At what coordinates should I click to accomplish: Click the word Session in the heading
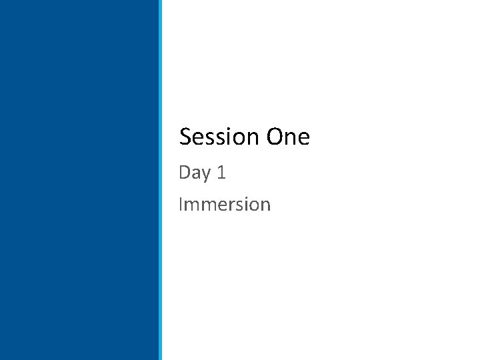pos(219,137)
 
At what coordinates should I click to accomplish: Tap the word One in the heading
pos(288,137)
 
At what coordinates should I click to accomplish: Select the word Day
pos(195,173)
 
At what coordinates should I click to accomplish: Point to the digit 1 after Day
pos(222,173)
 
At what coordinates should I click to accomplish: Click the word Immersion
pos(225,204)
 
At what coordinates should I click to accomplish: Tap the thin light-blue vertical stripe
pos(160,180)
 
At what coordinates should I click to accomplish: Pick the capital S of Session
pos(186,137)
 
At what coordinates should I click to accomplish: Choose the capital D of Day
pos(185,173)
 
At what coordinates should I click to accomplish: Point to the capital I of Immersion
pos(180,204)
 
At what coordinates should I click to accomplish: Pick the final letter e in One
pos(304,139)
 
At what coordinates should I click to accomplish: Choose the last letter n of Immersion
pos(265,205)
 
